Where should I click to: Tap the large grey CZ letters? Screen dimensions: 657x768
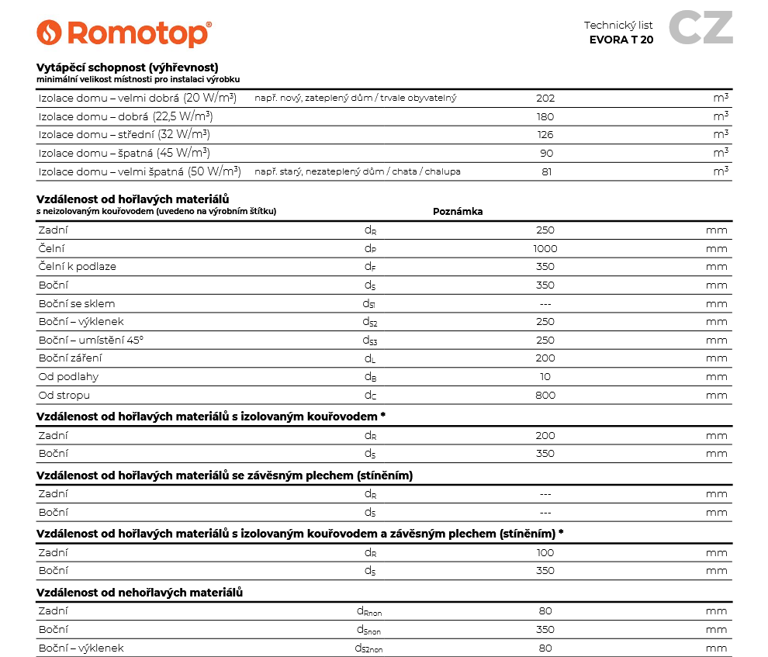point(700,29)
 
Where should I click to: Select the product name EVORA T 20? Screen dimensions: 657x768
point(621,40)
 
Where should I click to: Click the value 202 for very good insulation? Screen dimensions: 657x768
point(545,99)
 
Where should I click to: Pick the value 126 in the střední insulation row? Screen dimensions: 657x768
point(545,135)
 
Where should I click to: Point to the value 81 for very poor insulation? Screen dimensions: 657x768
point(546,171)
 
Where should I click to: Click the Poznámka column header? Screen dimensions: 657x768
point(458,211)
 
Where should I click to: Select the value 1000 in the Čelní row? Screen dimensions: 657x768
point(545,249)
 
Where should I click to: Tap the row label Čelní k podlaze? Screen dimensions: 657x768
point(77,267)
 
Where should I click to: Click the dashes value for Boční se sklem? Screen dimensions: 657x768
point(545,304)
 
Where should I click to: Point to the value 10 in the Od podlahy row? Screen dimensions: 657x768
point(545,377)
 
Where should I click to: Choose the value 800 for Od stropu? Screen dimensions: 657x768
point(545,396)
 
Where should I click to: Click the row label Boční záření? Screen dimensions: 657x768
point(70,358)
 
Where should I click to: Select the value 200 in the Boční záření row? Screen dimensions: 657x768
point(545,358)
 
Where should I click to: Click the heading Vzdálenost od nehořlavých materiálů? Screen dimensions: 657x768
point(140,593)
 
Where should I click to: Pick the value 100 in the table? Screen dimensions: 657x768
point(545,553)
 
